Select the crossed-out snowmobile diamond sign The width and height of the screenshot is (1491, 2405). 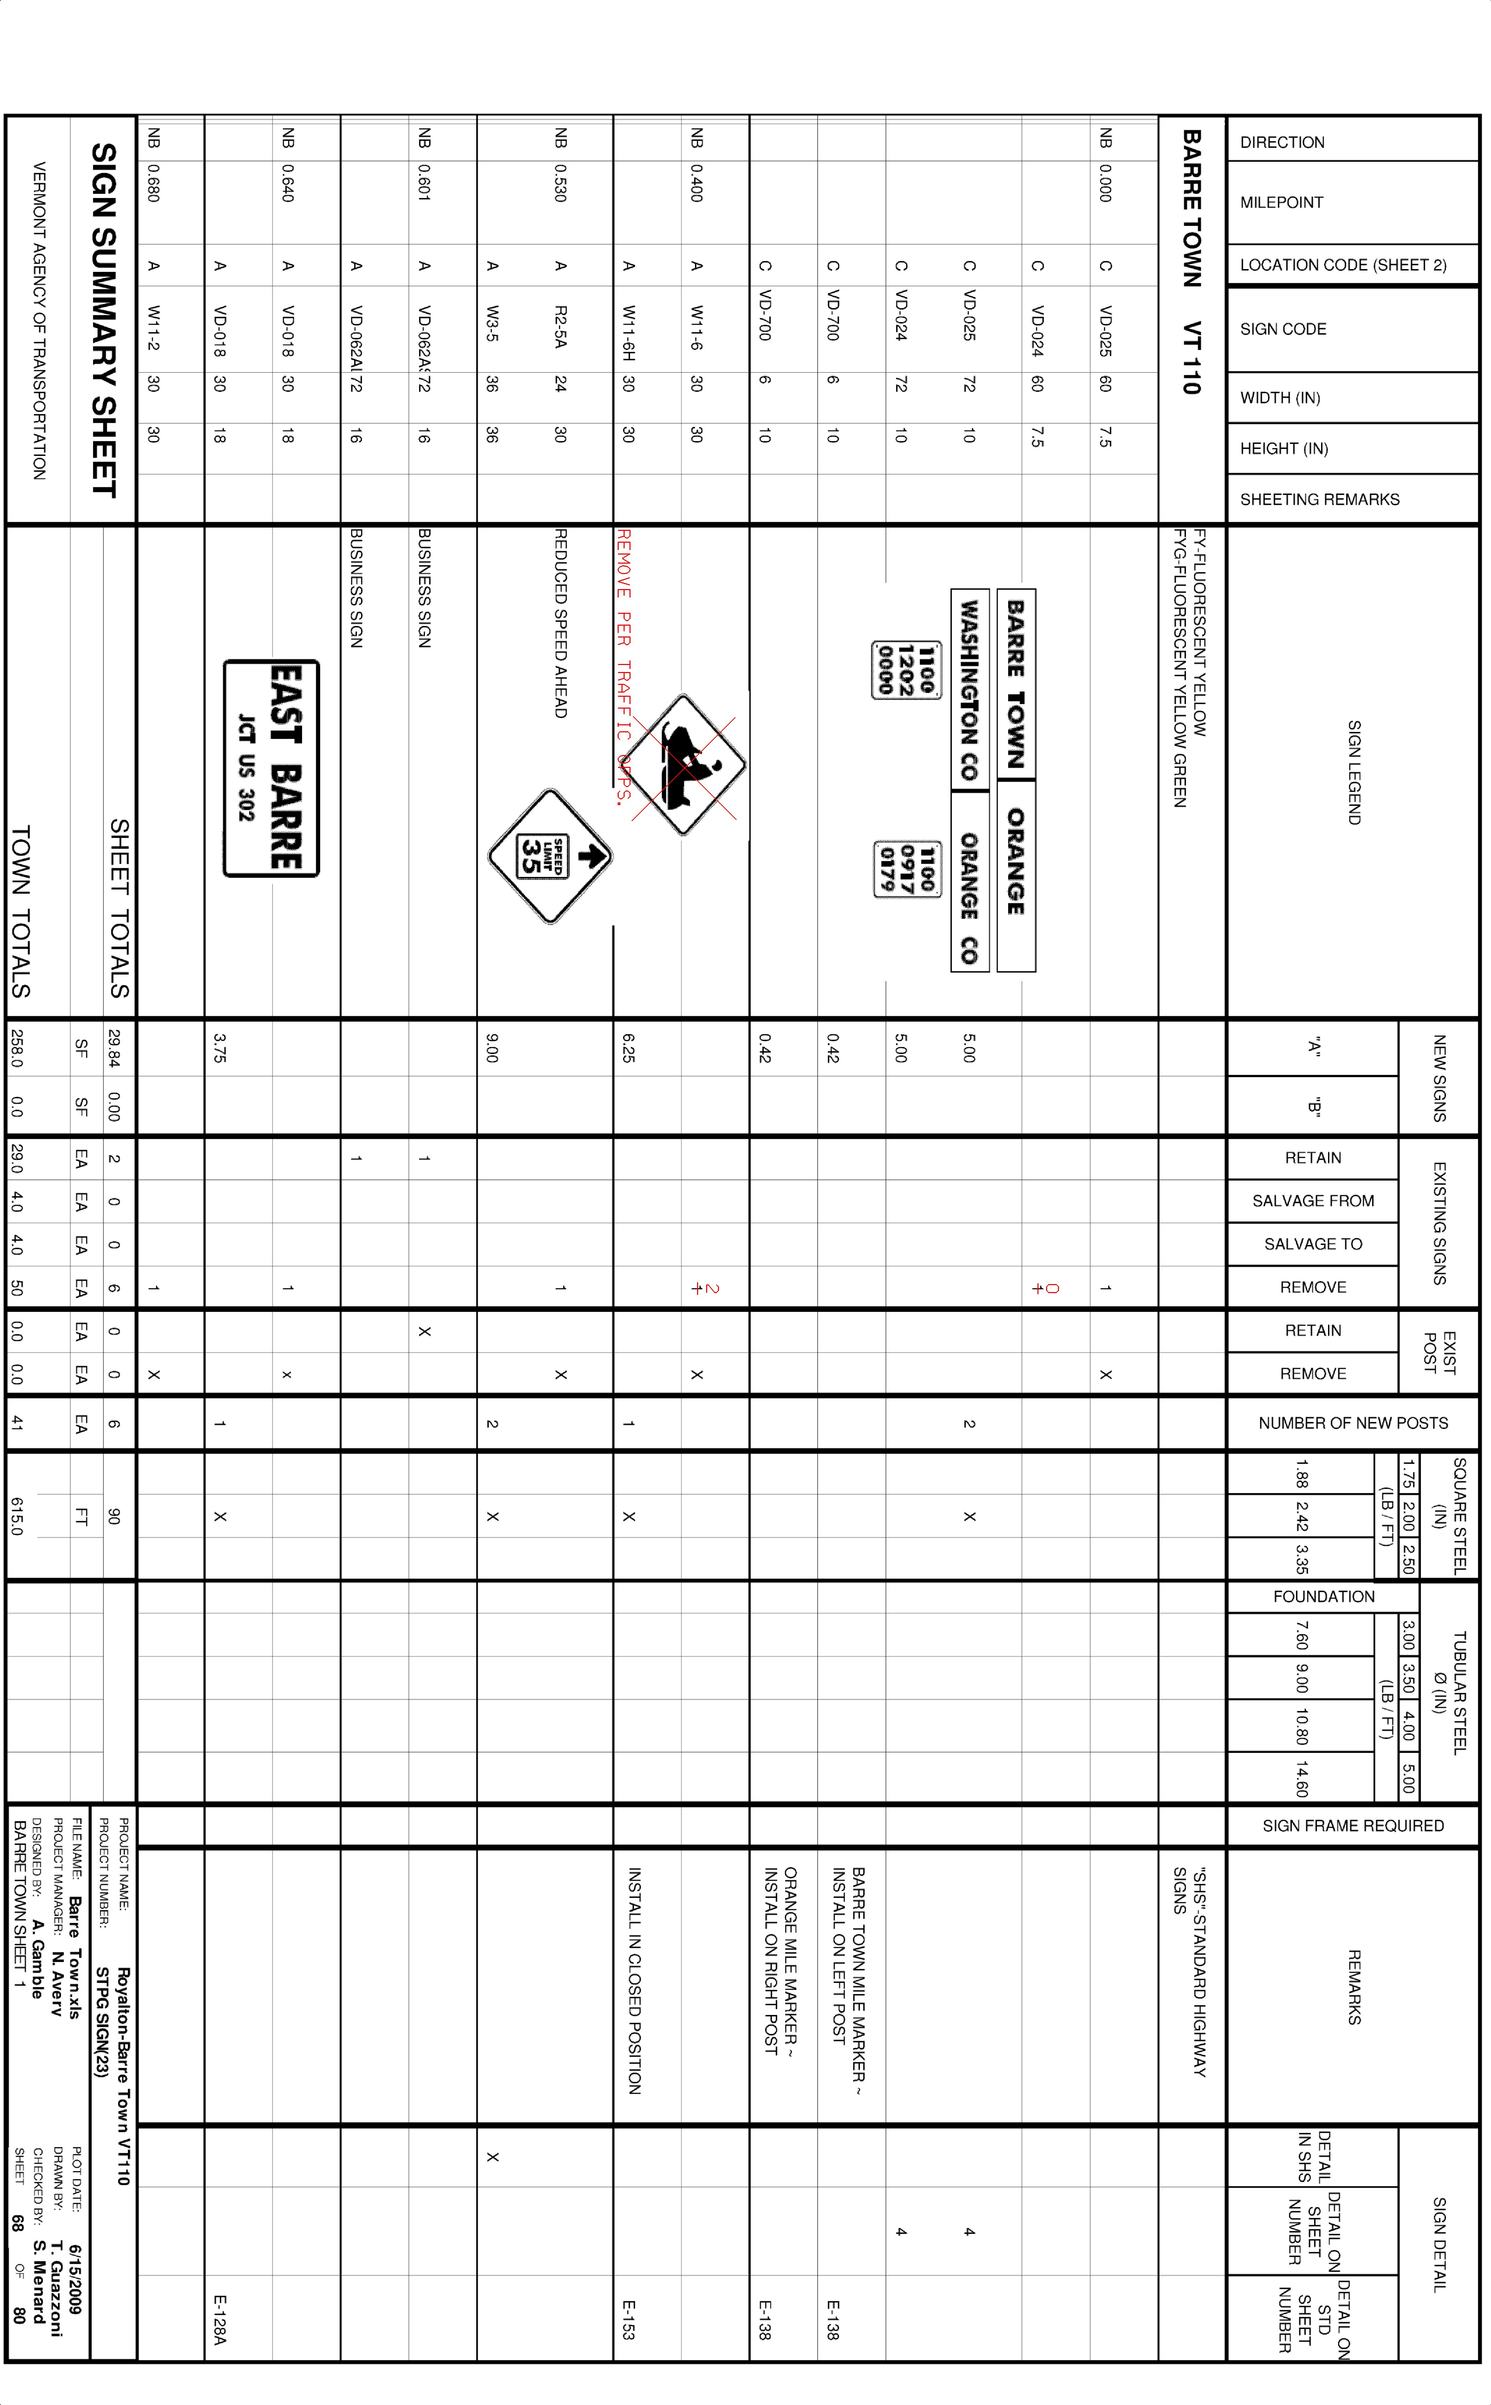683,764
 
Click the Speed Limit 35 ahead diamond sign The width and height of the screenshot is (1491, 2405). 550,856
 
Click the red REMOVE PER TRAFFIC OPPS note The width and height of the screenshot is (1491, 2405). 623,666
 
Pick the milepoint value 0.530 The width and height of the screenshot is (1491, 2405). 560,183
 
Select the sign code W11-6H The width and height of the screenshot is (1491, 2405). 628,333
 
